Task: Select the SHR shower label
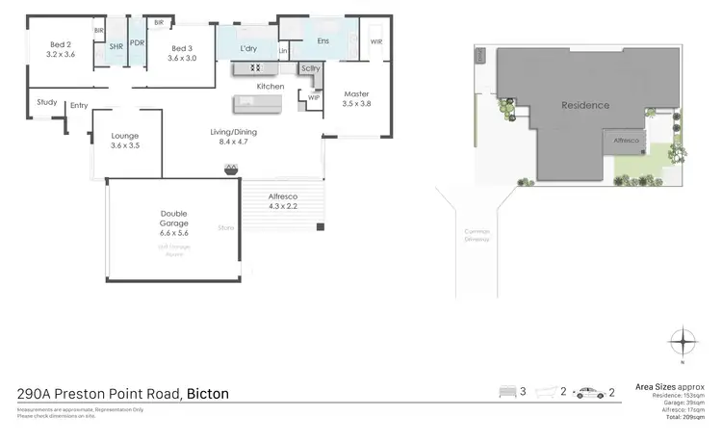[x=116, y=46]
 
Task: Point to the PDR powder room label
[x=138, y=43]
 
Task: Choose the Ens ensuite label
[x=322, y=41]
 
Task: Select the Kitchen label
[x=270, y=87]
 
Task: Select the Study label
[x=46, y=102]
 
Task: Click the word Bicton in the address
[x=208, y=393]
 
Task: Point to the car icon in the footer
[x=585, y=392]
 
